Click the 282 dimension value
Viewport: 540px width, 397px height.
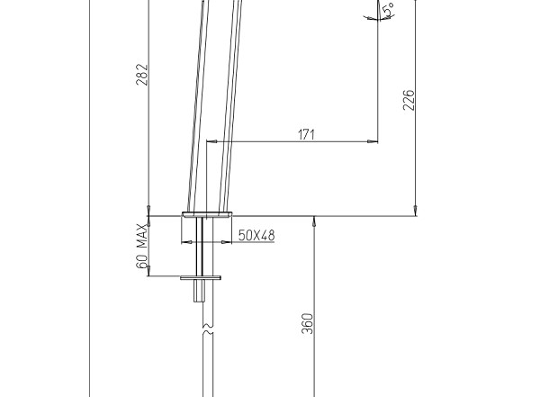[141, 75]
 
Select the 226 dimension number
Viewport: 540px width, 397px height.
[409, 100]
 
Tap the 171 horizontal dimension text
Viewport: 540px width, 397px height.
[306, 134]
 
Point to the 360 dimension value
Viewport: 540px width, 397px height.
[308, 323]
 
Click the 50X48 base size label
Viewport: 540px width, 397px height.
[256, 235]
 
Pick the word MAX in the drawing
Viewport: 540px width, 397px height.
[141, 236]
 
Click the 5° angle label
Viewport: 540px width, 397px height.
[389, 10]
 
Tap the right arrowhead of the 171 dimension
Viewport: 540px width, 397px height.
[373, 141]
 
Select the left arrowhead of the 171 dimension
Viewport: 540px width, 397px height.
[211, 141]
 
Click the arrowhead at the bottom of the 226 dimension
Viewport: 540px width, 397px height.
[416, 211]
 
